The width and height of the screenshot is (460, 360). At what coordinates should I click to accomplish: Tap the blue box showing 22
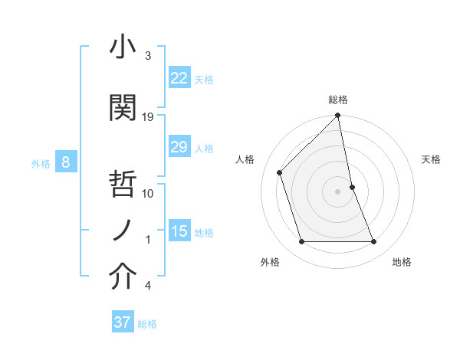(179, 77)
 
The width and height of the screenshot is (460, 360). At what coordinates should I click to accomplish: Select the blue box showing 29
(179, 147)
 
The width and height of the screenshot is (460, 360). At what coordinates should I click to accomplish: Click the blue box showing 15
(179, 231)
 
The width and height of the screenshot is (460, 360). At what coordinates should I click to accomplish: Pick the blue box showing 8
(66, 162)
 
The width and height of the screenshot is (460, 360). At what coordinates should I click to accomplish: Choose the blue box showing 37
(123, 322)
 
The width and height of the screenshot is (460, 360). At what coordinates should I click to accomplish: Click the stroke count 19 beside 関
(149, 117)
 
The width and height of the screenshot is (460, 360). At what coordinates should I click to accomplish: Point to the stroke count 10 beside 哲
(149, 194)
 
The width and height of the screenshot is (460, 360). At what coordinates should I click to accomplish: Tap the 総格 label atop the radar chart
(338, 100)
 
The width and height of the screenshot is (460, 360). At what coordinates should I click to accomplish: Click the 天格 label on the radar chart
(432, 159)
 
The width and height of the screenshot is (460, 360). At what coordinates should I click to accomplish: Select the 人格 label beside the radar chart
(245, 159)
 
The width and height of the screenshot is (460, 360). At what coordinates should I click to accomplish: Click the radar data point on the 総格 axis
(338, 116)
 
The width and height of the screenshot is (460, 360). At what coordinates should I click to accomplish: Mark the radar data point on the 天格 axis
(352, 187)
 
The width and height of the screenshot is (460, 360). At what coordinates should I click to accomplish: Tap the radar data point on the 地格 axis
(374, 242)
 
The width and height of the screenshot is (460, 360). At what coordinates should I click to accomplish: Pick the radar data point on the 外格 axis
(301, 242)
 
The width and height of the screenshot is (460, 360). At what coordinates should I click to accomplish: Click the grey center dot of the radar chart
(338, 191)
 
